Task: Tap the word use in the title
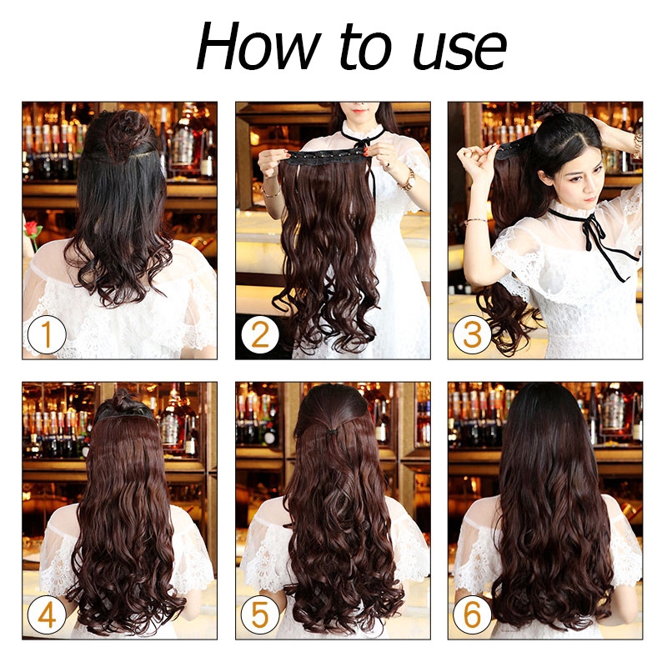460,51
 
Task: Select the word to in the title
365,47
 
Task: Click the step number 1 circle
47,334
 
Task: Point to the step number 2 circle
260,334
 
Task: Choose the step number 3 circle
472,334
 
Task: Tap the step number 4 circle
47,614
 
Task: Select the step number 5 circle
260,614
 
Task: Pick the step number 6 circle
472,614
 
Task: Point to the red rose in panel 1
31,228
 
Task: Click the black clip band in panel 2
326,158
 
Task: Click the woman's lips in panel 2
360,111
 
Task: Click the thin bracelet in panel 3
475,221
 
